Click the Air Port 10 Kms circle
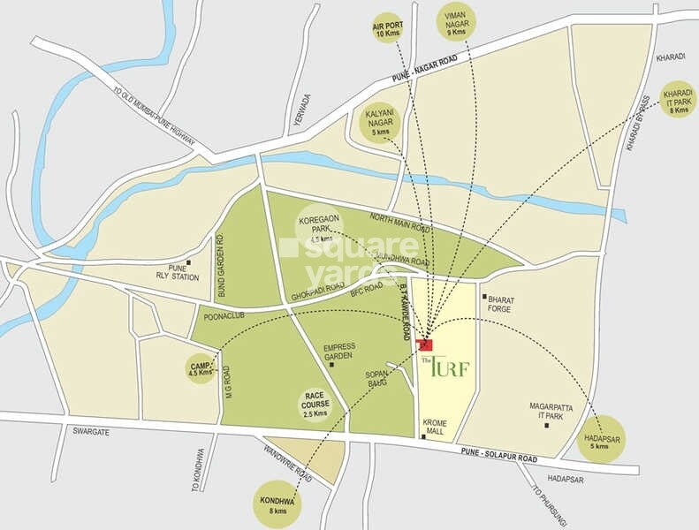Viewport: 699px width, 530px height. click(x=387, y=29)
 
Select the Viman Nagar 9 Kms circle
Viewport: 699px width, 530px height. click(x=455, y=22)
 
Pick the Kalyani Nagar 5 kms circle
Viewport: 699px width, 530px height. click(x=381, y=123)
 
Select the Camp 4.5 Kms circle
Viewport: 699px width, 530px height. click(x=201, y=368)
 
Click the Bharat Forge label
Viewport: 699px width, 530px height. click(x=500, y=305)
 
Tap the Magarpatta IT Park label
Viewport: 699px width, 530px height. click(x=546, y=412)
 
